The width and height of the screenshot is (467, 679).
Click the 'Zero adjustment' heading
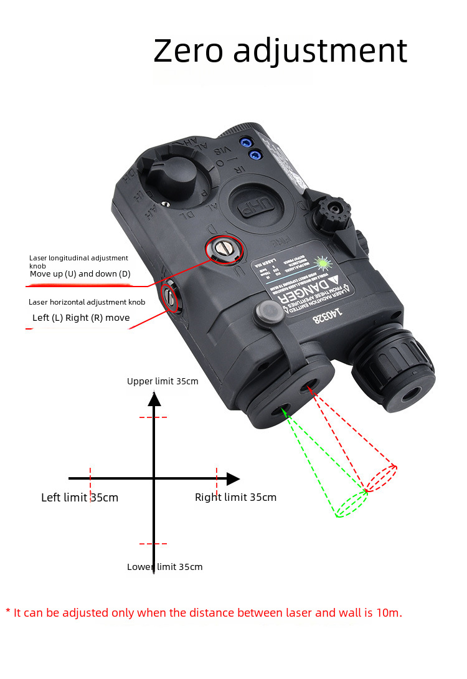coord(280,50)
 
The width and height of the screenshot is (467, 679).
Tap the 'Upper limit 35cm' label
coord(163,381)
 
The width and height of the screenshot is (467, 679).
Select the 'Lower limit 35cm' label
coord(164,567)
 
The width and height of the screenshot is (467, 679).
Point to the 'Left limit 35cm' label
coord(80,498)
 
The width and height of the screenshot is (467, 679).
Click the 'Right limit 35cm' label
coord(235,497)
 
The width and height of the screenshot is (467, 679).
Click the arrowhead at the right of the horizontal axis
coord(233,479)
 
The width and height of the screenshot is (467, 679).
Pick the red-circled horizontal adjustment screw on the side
coord(170,297)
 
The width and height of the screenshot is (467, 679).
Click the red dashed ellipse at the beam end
coord(381,478)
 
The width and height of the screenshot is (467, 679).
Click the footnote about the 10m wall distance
coord(204,612)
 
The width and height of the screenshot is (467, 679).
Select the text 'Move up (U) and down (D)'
coord(80,273)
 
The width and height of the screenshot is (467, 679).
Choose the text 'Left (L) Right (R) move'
coord(81,318)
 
